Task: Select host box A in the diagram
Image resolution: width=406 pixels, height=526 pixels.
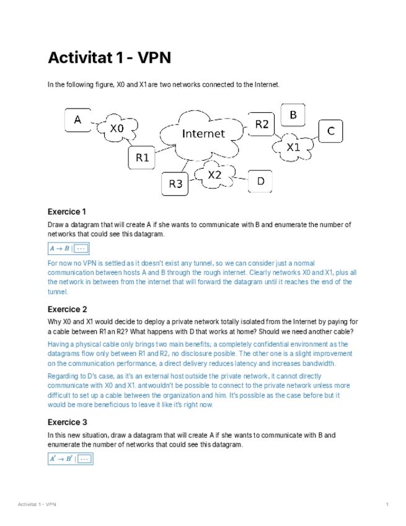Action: point(78,120)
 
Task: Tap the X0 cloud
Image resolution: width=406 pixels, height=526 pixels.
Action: point(117,128)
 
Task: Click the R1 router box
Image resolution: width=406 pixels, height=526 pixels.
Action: point(143,158)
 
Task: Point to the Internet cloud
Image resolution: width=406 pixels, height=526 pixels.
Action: point(203,133)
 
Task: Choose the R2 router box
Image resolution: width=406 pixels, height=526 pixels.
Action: point(262,124)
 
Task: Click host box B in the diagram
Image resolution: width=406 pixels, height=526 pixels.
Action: point(294,115)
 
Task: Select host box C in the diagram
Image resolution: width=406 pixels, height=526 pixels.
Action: point(331,131)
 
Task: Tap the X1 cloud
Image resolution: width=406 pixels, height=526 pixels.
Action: point(293,147)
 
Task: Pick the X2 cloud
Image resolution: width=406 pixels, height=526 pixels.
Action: point(214,175)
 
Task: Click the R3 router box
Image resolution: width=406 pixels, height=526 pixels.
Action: point(176,183)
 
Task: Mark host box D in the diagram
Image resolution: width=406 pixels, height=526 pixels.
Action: point(261,181)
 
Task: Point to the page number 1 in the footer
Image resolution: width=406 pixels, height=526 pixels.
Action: point(387,504)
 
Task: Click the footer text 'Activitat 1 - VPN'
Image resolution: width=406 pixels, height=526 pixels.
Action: point(37,504)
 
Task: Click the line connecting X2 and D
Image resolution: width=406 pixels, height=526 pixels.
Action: point(241,181)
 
